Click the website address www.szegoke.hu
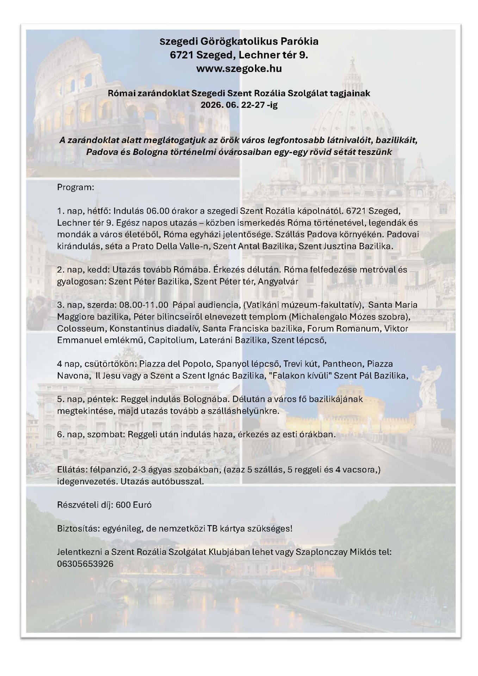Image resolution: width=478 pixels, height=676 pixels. point(239,68)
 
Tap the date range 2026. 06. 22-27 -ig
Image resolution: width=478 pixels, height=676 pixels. point(239,105)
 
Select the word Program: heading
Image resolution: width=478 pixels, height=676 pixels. point(75,187)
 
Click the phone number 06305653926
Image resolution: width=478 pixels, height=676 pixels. point(85,564)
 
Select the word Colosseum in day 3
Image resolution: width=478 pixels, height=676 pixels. point(81,328)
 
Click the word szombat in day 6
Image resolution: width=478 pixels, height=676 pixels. point(105,434)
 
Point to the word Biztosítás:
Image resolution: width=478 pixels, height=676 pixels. point(77,528)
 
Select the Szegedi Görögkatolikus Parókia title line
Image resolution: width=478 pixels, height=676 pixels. point(239,42)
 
